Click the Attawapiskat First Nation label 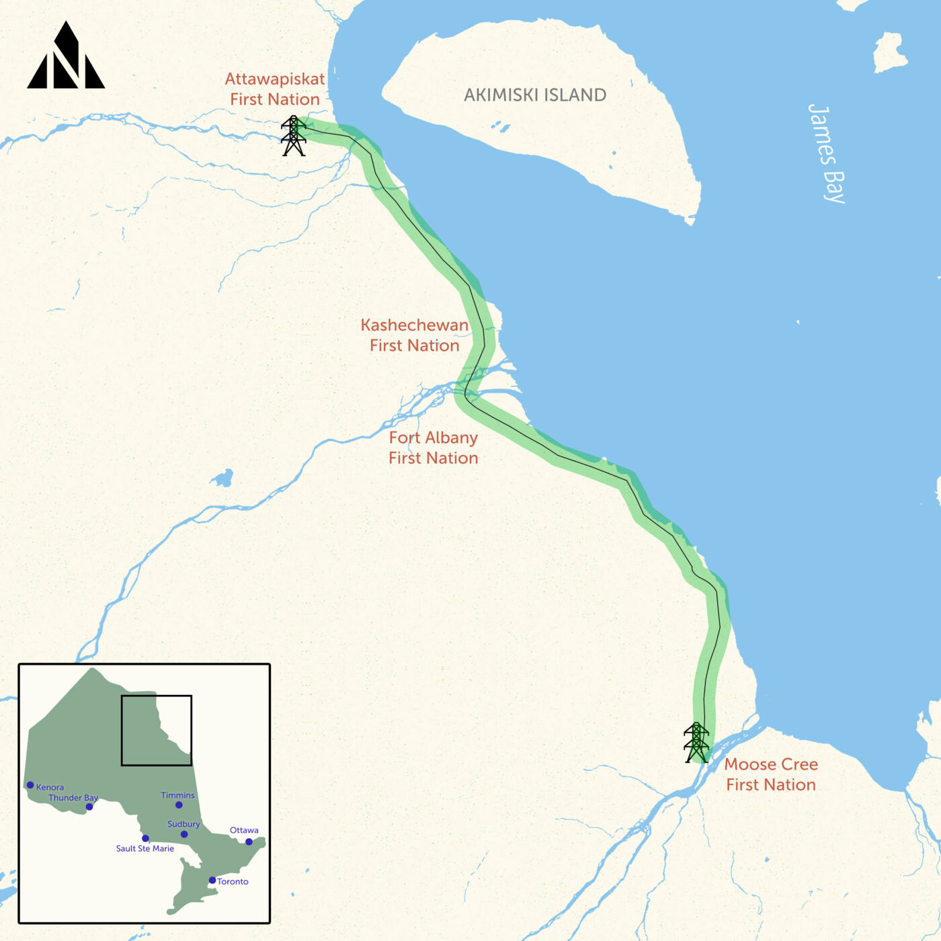click(275, 89)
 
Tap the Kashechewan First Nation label click(415, 335)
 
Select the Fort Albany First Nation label click(434, 448)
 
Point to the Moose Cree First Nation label click(771, 774)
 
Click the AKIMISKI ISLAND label click(535, 95)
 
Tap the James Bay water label click(827, 153)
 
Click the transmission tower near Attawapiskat click(293, 136)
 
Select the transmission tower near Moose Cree click(696, 743)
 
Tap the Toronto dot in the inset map click(212, 880)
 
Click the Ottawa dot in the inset click(249, 842)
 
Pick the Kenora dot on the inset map click(30, 785)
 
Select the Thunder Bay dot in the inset click(89, 807)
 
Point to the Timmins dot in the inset click(179, 805)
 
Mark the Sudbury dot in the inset click(184, 834)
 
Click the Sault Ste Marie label click(145, 849)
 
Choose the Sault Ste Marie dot click(145, 838)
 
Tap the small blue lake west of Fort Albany click(222, 479)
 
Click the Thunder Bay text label click(73, 798)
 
